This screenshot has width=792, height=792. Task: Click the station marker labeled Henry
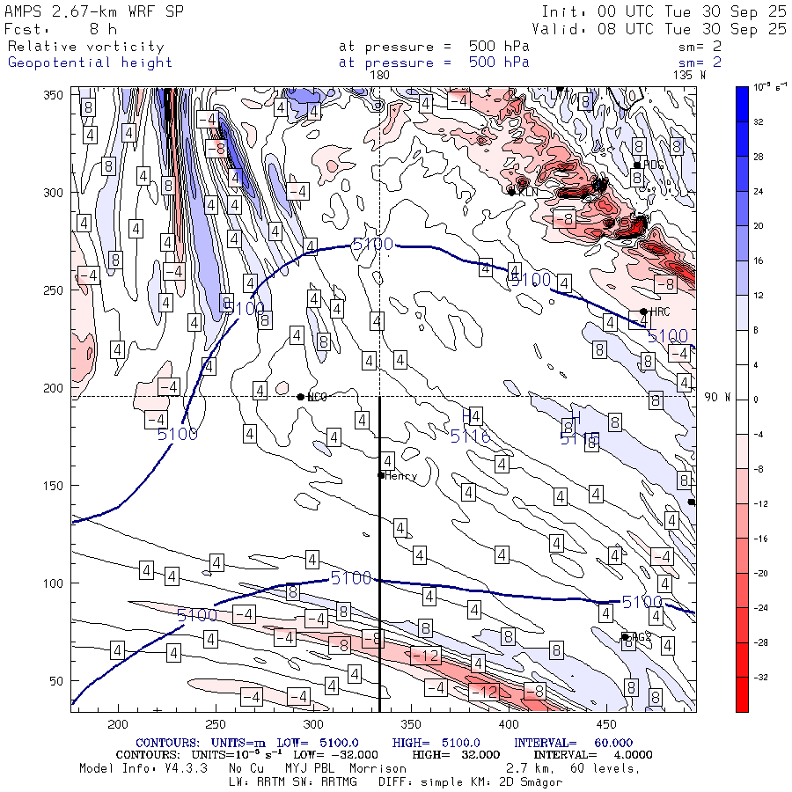[x=381, y=475]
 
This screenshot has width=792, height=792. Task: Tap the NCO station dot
[x=301, y=397]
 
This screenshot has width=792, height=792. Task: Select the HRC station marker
[x=644, y=312]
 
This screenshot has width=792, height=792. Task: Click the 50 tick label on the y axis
[x=54, y=681]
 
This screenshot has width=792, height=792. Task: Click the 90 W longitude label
[x=718, y=398]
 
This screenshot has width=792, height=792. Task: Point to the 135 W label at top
[x=689, y=76]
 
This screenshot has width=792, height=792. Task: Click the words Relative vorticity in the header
[x=85, y=47]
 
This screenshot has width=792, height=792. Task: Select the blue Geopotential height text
[x=90, y=62]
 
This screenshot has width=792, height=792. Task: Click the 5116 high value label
[x=470, y=436]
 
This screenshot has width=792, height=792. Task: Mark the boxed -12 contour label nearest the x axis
[x=483, y=693]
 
